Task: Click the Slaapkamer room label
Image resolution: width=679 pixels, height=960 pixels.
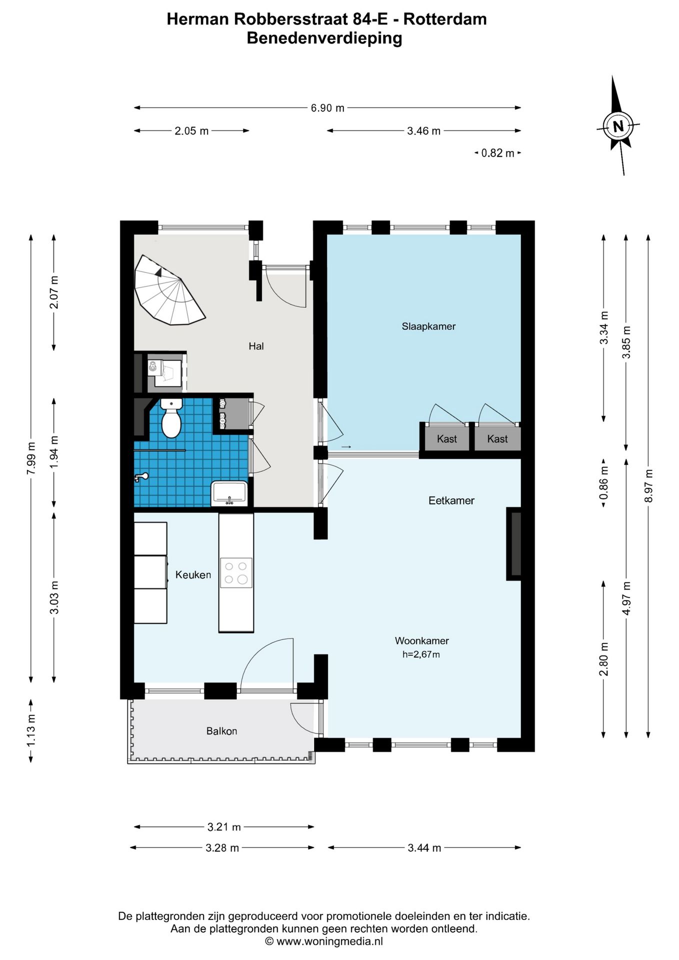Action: coord(428,326)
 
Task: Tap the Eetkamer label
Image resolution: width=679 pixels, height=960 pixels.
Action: coord(451,500)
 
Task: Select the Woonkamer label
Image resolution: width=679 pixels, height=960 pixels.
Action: coord(421,640)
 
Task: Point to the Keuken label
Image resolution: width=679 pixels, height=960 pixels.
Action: coord(193,575)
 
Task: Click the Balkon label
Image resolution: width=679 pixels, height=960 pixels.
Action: coord(221,731)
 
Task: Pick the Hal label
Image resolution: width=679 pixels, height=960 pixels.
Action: coord(256,346)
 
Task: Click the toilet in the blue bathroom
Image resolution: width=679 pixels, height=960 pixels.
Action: coord(171,417)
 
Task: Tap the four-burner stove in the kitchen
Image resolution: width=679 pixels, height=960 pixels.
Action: coord(236,572)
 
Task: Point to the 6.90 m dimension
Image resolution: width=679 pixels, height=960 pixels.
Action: coord(327,107)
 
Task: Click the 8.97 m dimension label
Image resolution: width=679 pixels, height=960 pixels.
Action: coord(648,486)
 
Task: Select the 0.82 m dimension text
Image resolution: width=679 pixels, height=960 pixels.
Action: coord(497,153)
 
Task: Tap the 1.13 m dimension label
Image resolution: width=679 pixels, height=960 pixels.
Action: coord(31,730)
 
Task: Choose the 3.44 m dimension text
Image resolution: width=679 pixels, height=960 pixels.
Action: coord(424,847)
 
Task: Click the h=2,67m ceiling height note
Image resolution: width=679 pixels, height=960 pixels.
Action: coord(421,654)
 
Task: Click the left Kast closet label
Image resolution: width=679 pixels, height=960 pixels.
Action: coord(446,439)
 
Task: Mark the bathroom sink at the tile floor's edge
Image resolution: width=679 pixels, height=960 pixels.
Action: coord(229,492)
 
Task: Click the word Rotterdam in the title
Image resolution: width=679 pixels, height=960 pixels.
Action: coord(445,19)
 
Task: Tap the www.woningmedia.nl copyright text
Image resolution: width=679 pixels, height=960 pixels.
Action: coord(324,941)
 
